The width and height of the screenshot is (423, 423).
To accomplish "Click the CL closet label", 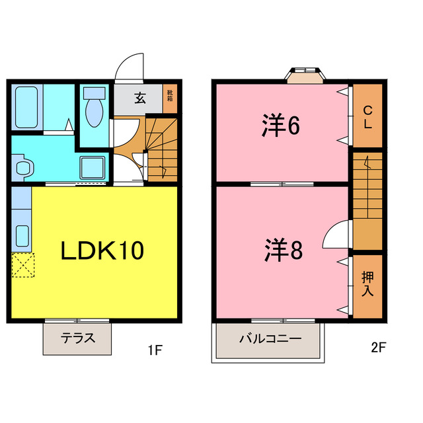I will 367,117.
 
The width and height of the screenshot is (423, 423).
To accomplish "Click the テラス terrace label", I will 77,338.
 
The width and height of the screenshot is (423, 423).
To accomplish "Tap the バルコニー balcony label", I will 270,338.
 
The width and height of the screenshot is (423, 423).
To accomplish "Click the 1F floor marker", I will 154,351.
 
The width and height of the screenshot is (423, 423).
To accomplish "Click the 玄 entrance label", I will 140,98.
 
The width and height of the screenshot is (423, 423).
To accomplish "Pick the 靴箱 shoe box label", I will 170,96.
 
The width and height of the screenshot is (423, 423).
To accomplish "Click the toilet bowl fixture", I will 95,108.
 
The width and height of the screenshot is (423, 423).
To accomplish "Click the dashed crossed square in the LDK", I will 22,266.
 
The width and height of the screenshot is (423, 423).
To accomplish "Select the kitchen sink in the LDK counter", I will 22,235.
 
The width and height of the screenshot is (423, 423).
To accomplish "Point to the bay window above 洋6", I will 305,75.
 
